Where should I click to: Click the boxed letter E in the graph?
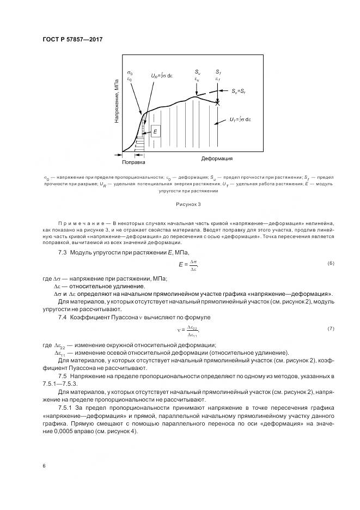pyautogui.click(x=156, y=132)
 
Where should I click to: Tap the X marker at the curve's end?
pyautogui.click(x=218, y=102)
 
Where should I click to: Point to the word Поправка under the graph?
pyautogui.click(x=133, y=162)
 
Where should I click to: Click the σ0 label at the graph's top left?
pyautogui.click(x=130, y=72)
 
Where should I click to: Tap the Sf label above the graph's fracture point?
pyautogui.click(x=218, y=72)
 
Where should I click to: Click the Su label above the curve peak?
pyautogui.click(x=197, y=72)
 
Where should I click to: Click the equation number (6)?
pyautogui.click(x=331, y=264)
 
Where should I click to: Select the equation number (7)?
pyautogui.click(x=331, y=329)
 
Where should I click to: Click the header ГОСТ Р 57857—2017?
pyautogui.click(x=72, y=39)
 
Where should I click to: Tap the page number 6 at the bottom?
pyautogui.click(x=44, y=466)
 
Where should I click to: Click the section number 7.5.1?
pyautogui.click(x=66, y=408)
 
